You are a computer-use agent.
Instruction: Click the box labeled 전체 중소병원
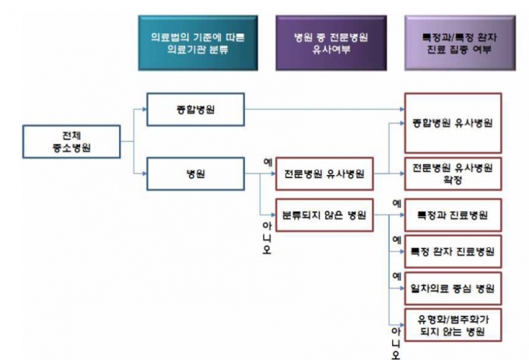[71, 141]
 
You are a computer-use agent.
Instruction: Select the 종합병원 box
[195, 110]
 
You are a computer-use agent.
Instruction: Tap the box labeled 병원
[195, 173]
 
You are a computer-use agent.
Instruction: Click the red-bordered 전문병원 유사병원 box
[325, 173]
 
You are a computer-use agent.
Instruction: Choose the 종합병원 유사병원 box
[452, 123]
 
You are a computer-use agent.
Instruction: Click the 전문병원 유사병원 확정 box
[452, 173]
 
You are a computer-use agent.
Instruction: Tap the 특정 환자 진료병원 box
[452, 251]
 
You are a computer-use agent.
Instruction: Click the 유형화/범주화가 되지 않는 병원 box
[452, 325]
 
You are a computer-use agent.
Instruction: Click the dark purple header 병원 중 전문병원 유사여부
[330, 43]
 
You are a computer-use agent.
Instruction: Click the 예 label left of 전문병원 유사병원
[267, 163]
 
